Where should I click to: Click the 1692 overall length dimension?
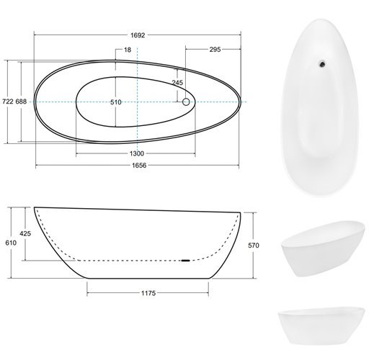pyautogui.click(x=138, y=35)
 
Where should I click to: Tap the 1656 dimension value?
pyautogui.click(x=139, y=166)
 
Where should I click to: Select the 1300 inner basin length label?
pyautogui.click(x=137, y=153)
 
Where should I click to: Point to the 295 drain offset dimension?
pyautogui.click(x=215, y=50)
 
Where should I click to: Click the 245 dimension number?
pyautogui.click(x=177, y=83)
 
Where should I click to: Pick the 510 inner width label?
pyautogui.click(x=116, y=102)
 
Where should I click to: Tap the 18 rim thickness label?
pyautogui.click(x=128, y=50)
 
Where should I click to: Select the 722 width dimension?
pyautogui.click(x=8, y=102)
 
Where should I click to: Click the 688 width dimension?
pyautogui.click(x=21, y=102)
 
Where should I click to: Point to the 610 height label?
pyautogui.click(x=11, y=243)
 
